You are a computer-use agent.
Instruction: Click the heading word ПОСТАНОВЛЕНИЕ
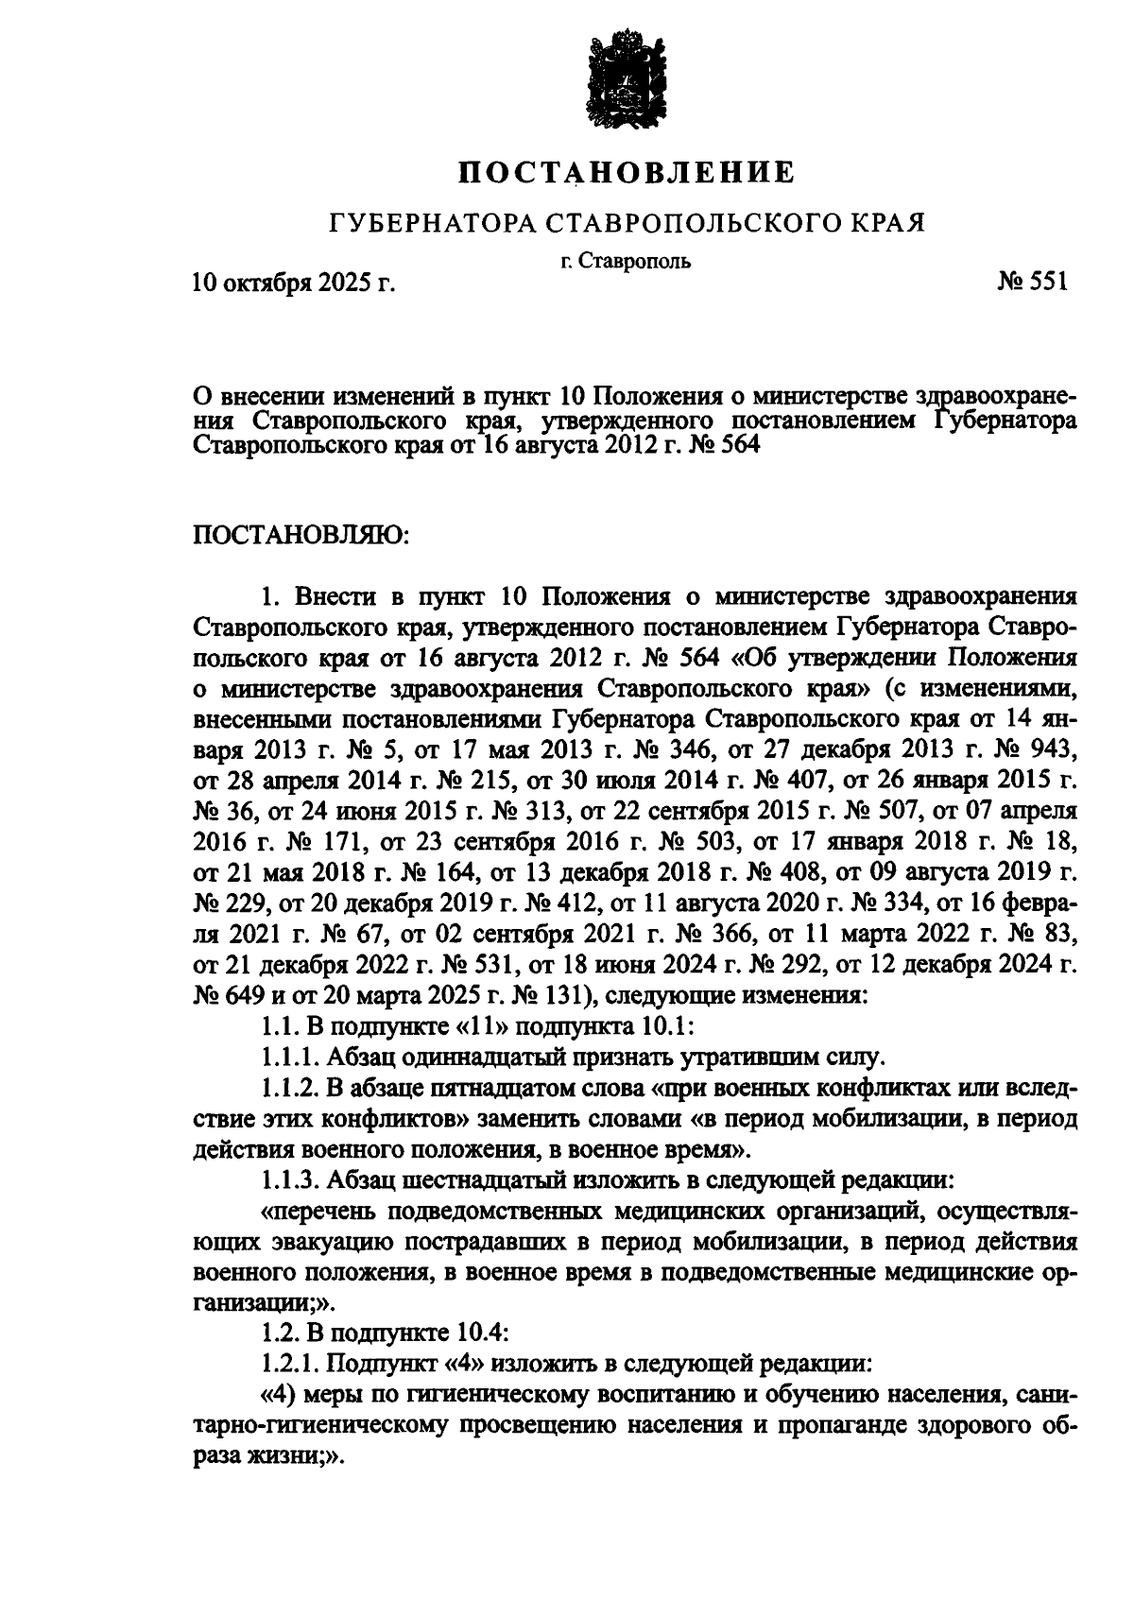point(627,173)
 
